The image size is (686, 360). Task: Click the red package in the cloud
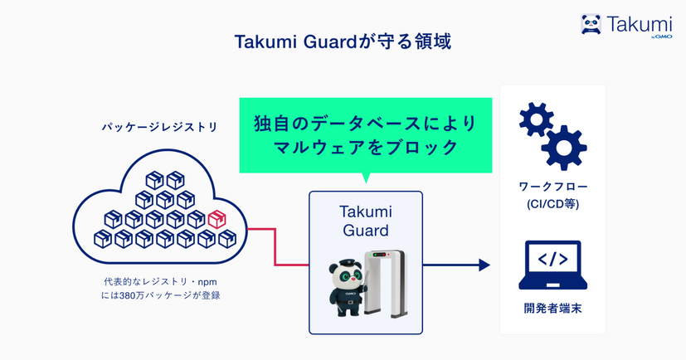(217, 220)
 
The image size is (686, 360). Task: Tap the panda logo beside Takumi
(591, 24)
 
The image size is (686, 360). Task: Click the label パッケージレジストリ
(160, 128)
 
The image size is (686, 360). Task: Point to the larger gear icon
(563, 146)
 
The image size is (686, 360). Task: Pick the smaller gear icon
(536, 119)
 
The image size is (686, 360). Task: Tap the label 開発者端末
(552, 309)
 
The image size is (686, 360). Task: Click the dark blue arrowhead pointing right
(484, 265)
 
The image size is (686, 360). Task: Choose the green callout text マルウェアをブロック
(366, 148)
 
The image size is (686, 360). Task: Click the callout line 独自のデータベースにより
(366, 122)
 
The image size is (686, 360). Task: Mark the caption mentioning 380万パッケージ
(161, 295)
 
